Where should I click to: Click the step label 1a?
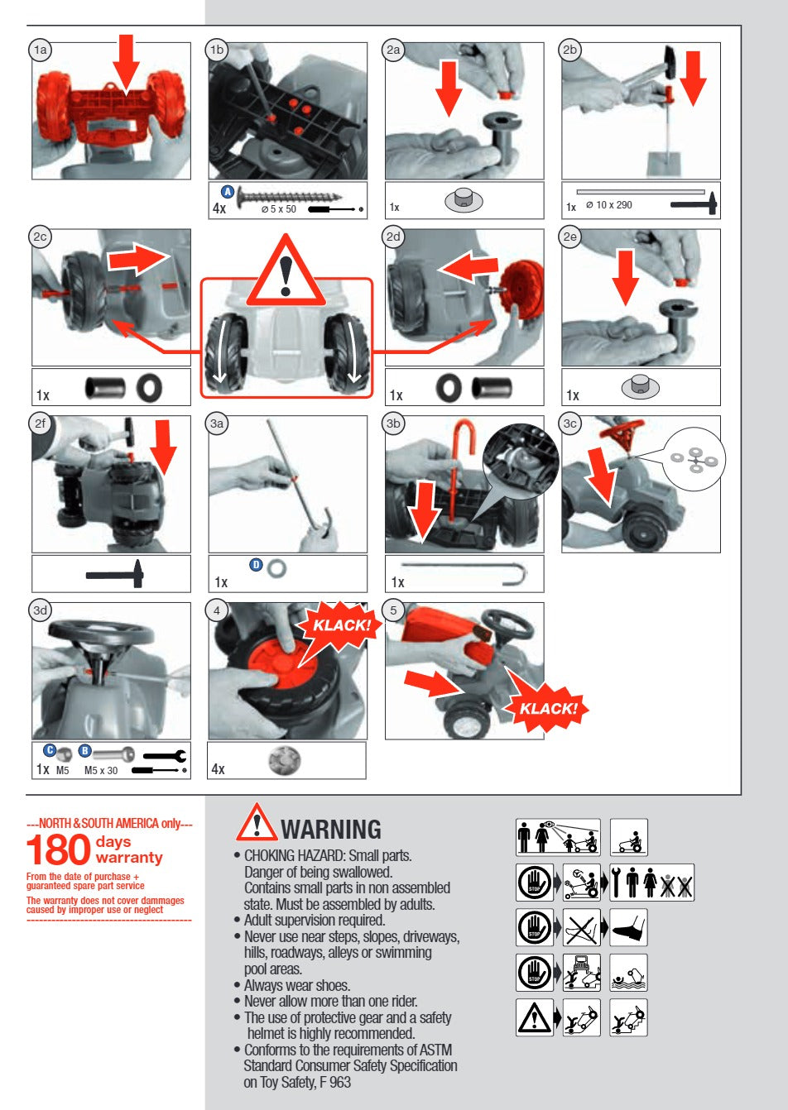coord(41,50)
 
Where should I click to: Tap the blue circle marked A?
coord(227,192)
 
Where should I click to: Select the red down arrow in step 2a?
coord(449,89)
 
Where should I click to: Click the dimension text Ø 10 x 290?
coord(609,204)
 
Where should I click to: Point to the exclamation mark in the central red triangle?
coord(285,275)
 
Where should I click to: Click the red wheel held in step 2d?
coord(521,289)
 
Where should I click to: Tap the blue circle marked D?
coord(256,565)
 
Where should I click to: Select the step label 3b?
coord(393,423)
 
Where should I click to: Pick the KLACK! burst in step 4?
coord(340,624)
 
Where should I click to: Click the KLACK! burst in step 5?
coord(547,708)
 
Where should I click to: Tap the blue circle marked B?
coord(84,751)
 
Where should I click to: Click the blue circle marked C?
coord(50,751)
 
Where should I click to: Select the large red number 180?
coord(58,849)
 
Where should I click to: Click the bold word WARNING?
coord(331,830)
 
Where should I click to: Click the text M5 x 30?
coord(101,771)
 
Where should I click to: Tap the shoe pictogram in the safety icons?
coord(628,927)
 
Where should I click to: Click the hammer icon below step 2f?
coord(115,574)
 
